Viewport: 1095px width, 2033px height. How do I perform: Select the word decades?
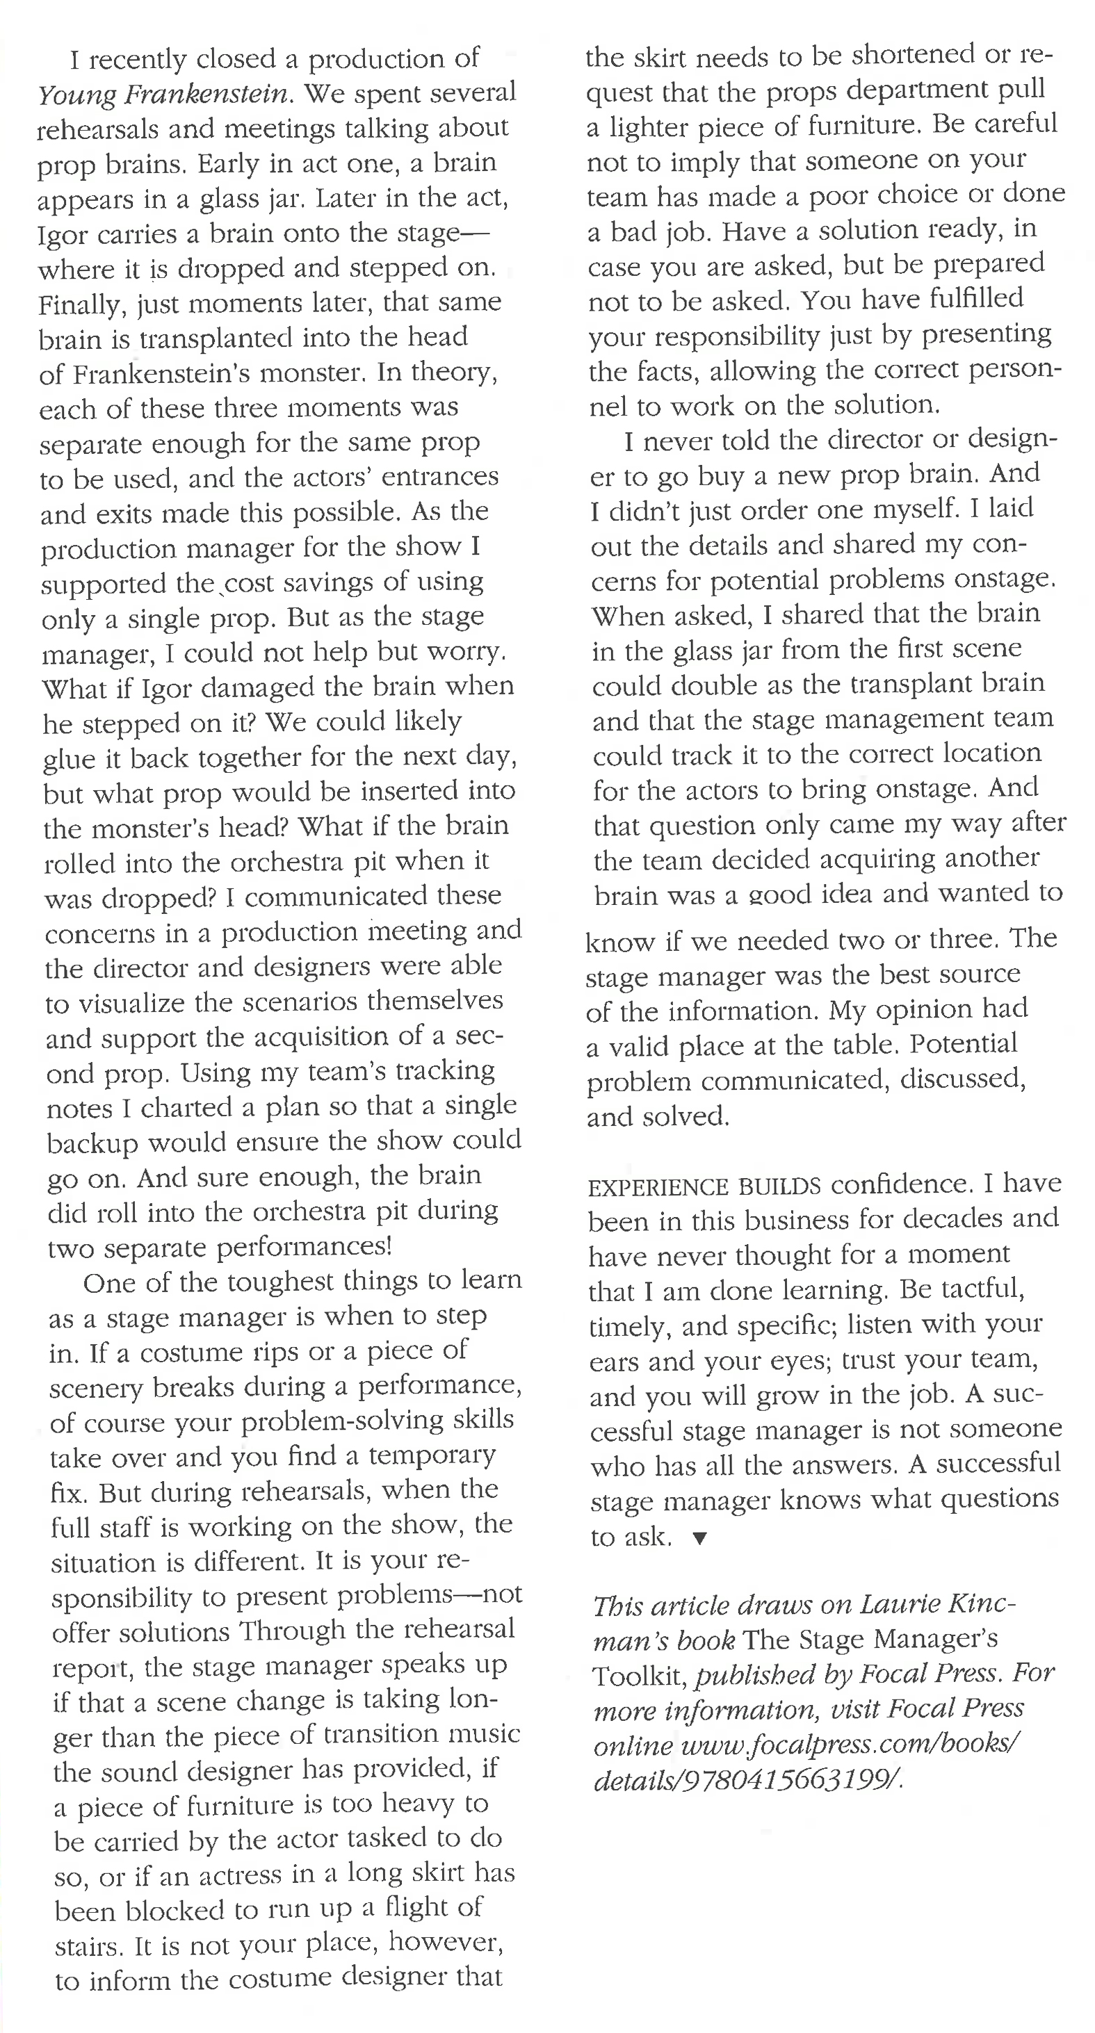tap(951, 1218)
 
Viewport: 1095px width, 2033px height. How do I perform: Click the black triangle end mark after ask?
tap(699, 1537)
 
